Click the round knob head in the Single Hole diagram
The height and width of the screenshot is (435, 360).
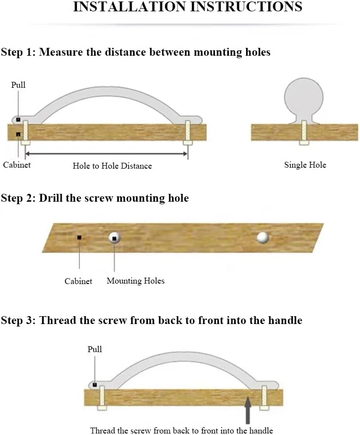coord(303,97)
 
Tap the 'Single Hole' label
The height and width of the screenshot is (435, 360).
coord(305,165)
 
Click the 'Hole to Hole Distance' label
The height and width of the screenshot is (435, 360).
coord(112,166)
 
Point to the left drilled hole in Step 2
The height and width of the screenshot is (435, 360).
coord(114,238)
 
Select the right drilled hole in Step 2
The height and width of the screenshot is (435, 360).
coord(262,238)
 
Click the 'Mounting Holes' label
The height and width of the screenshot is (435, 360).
coord(135,281)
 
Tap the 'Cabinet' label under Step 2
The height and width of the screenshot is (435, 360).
coord(78,281)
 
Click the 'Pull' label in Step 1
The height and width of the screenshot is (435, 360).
coord(18,85)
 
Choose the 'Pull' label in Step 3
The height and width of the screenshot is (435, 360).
coord(95,349)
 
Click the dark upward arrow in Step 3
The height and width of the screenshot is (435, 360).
coord(248,410)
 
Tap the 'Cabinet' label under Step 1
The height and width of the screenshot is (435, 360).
coord(17,165)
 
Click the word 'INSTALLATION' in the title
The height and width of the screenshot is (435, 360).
coord(130,7)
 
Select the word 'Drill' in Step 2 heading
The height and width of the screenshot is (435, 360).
coord(50,198)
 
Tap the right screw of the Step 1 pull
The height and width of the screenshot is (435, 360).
coord(187,133)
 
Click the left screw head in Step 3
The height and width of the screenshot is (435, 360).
coord(102,408)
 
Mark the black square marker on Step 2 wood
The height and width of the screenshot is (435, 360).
coord(79,238)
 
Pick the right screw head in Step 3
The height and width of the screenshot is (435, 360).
coord(264,408)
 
